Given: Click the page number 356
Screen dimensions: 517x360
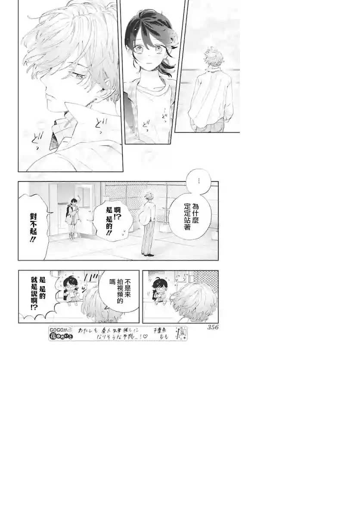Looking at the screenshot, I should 213,327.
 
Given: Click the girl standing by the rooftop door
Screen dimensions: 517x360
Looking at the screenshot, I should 72,218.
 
